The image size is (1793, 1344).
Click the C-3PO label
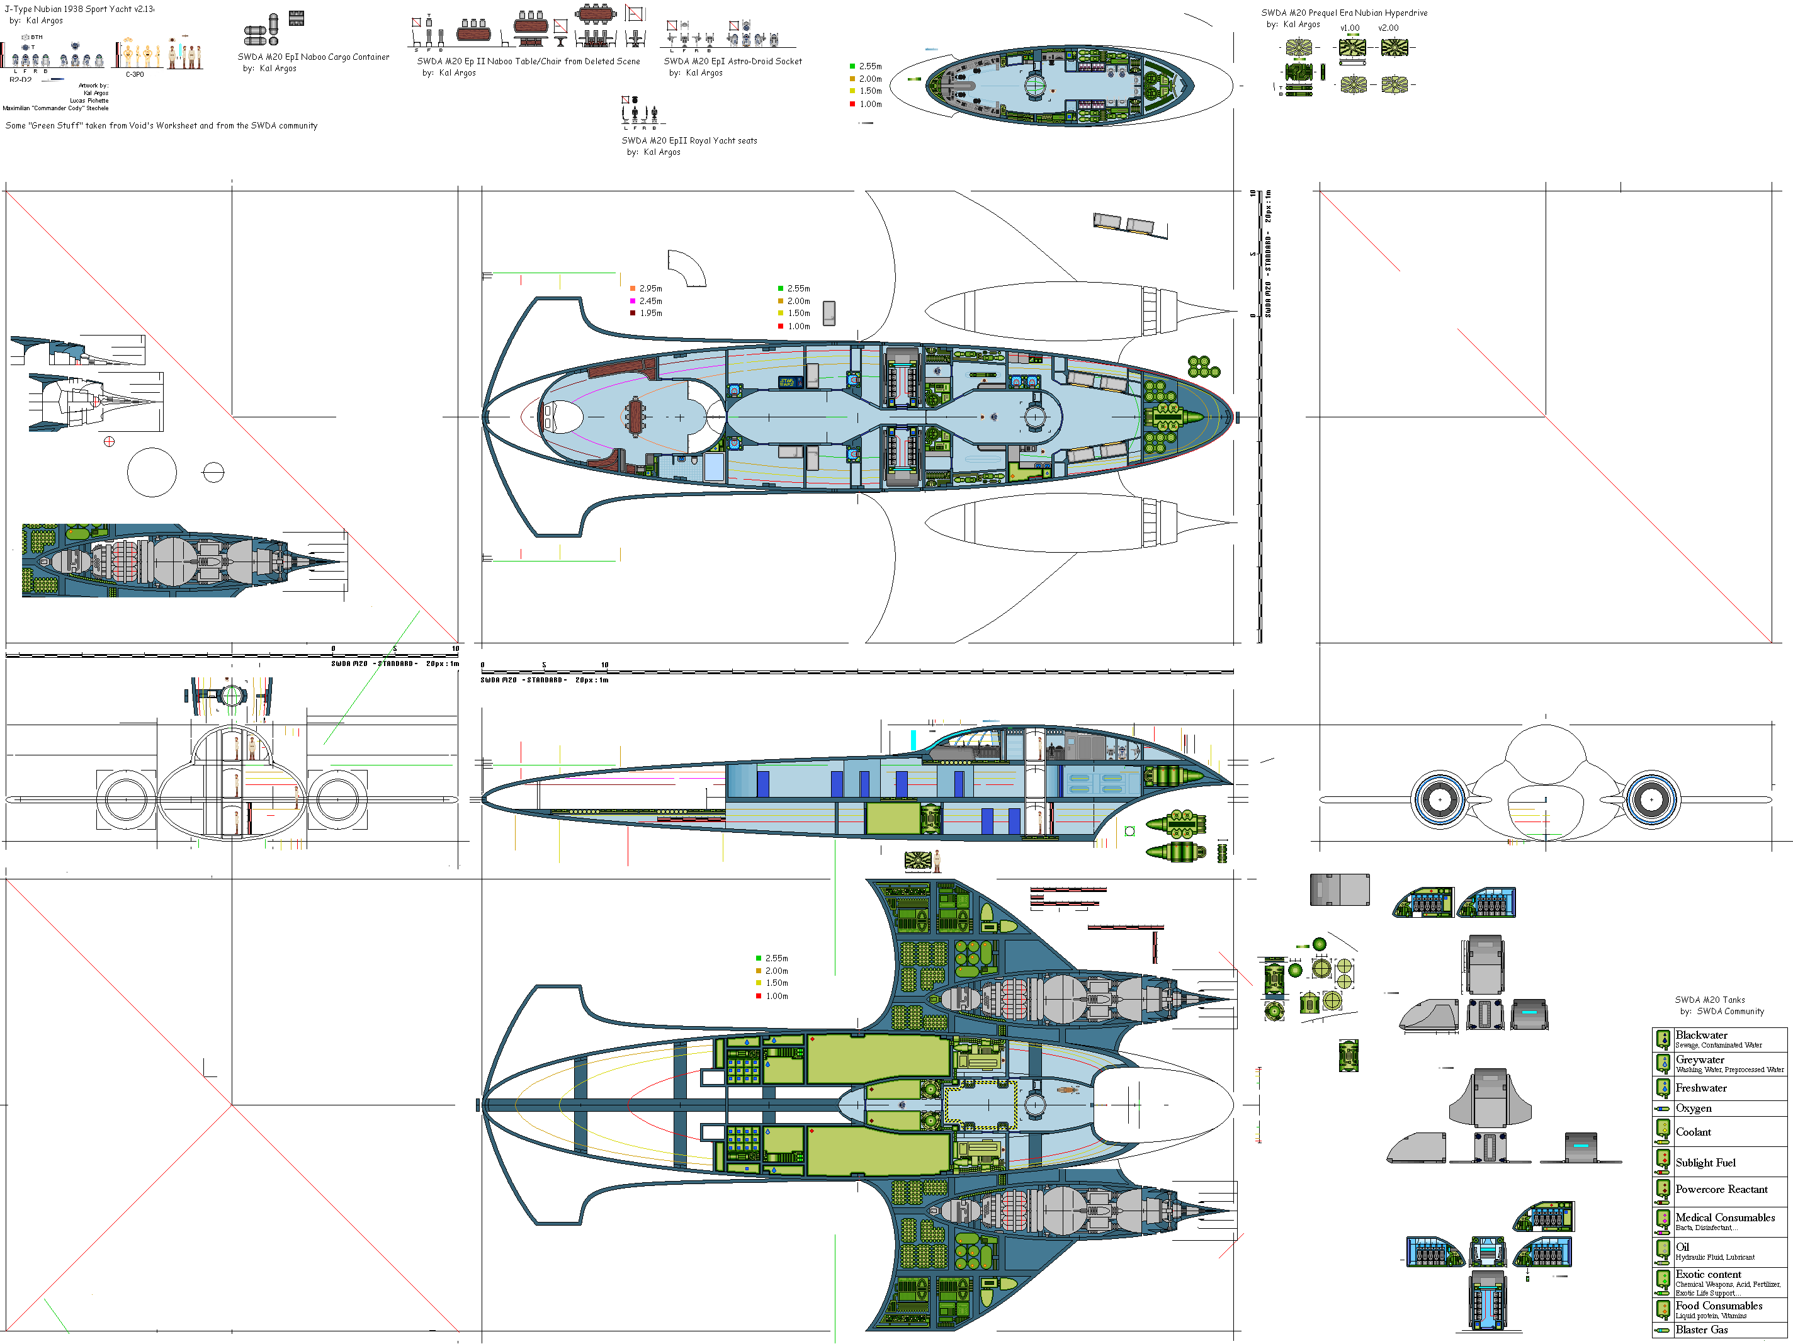point(135,74)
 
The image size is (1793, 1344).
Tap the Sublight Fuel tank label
point(1705,1163)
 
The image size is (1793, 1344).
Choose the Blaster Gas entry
point(1702,1330)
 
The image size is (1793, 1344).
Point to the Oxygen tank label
point(1694,1108)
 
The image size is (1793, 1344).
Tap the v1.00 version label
point(1350,28)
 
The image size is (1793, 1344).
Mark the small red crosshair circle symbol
point(110,442)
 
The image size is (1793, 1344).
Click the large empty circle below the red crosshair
point(152,472)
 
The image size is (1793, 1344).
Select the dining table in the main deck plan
point(635,417)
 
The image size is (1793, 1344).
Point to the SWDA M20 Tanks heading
point(1709,1000)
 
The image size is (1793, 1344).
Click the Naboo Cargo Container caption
point(313,57)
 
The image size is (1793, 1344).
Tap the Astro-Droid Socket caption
point(732,61)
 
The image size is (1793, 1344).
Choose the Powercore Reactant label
point(1721,1189)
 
